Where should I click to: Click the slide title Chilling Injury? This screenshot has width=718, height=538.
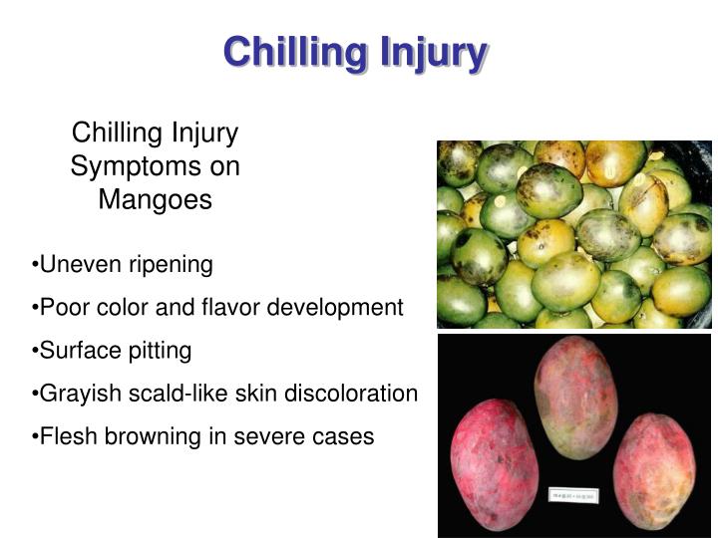(355, 51)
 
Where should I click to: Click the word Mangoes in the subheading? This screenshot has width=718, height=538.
(155, 199)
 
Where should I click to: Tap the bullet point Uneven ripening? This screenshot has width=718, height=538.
(123, 264)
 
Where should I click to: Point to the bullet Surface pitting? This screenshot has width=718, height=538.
(112, 350)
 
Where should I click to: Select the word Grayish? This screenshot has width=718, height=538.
(81, 393)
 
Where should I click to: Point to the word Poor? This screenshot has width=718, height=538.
(62, 307)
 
